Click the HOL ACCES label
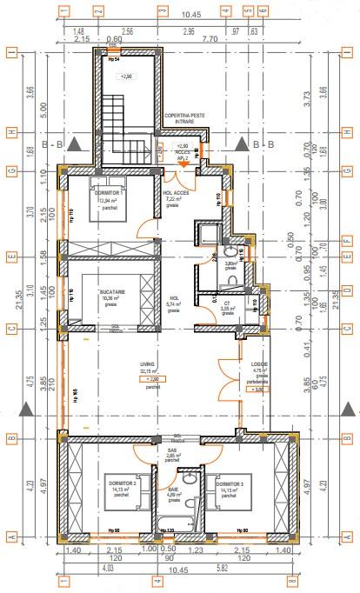coord(176,193)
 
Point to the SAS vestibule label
coord(171,450)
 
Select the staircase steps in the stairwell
coord(117,122)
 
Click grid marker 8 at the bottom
coord(292,581)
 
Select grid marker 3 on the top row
coord(162,11)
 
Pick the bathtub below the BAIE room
coord(177,524)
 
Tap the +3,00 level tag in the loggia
coord(256,390)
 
